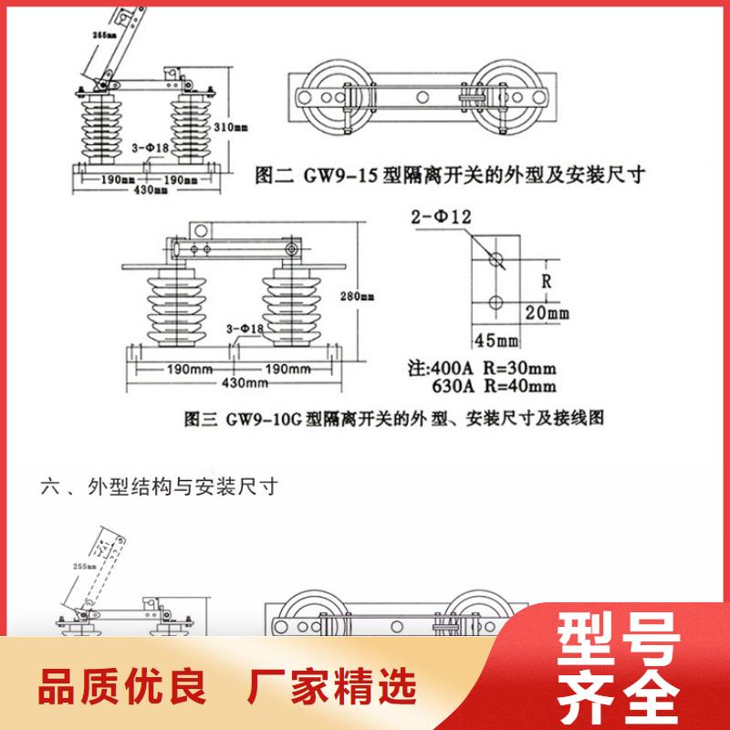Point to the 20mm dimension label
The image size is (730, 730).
click(x=546, y=314)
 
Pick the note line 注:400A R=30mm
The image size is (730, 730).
click(x=480, y=369)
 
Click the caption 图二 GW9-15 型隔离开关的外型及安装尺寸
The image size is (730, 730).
click(x=449, y=174)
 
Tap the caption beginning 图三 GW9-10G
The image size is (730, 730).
click(x=394, y=420)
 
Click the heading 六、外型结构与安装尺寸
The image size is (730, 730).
click(x=157, y=485)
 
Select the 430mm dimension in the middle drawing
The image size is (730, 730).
click(x=235, y=381)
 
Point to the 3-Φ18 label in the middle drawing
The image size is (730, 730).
click(x=244, y=328)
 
